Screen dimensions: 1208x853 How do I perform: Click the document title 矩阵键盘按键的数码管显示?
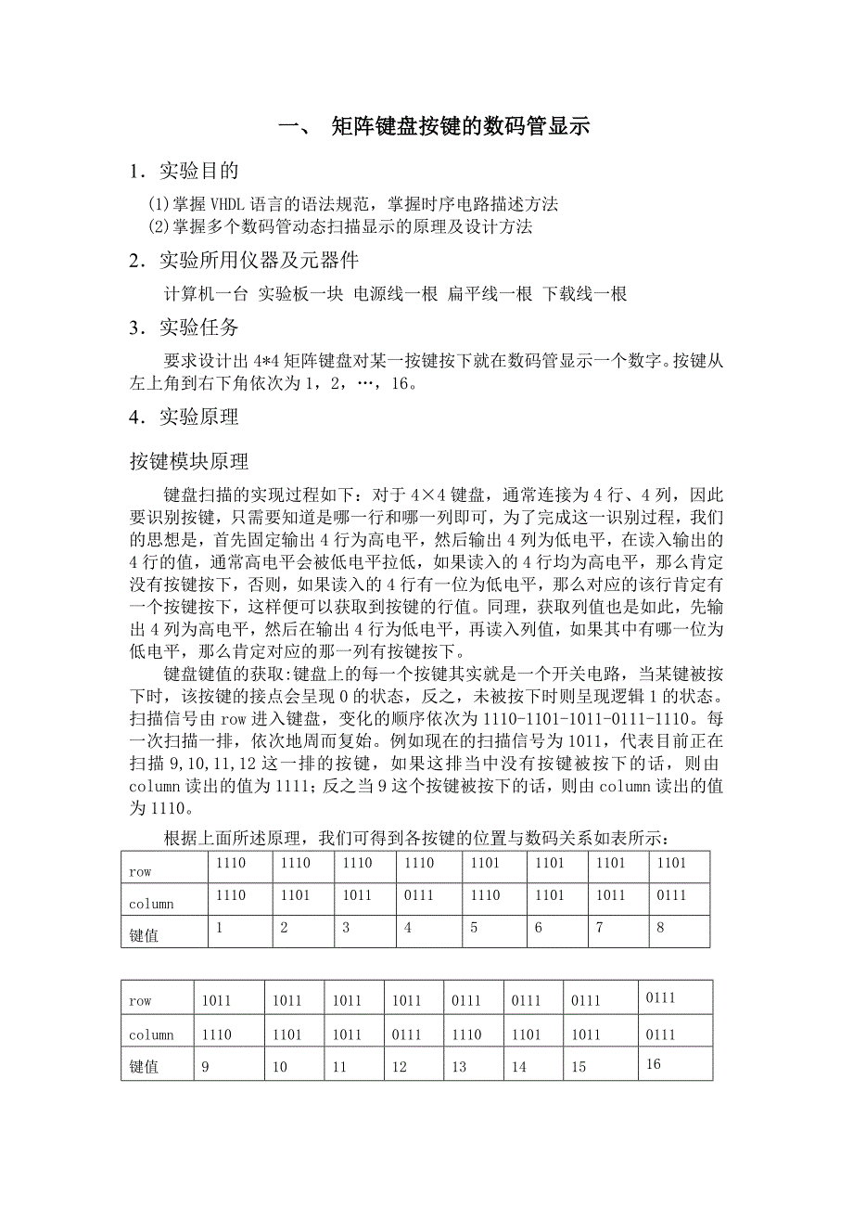point(460,127)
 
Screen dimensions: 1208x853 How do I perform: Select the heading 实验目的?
point(198,171)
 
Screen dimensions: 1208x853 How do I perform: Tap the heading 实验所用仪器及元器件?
point(258,261)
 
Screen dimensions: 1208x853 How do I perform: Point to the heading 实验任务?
point(198,328)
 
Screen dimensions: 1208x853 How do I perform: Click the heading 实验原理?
point(198,417)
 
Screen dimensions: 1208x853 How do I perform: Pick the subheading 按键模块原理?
point(188,460)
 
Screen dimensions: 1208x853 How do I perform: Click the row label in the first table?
point(140,872)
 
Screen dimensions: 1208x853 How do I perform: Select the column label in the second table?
point(151,1035)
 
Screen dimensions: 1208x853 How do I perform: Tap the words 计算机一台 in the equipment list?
point(206,294)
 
